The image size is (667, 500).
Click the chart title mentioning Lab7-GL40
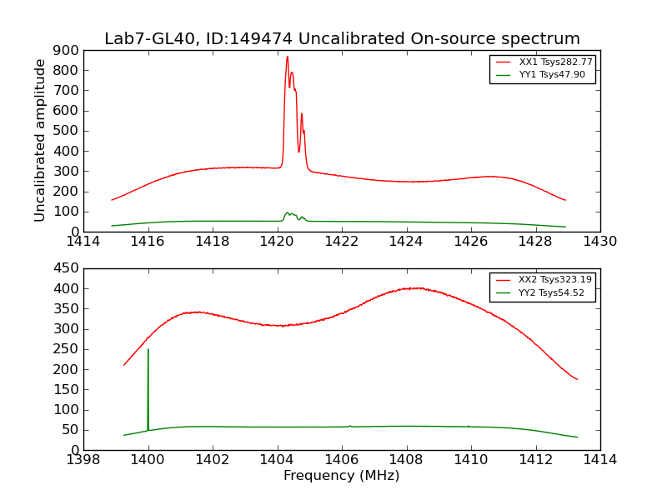tap(342, 39)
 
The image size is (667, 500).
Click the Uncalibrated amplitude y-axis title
tap(40, 140)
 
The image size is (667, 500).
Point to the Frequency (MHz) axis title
tap(341, 476)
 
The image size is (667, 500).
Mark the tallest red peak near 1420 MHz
tap(287, 57)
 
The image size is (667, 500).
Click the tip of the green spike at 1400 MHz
tap(148, 349)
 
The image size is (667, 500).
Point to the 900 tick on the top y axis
tap(67, 50)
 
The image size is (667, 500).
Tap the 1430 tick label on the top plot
tap(599, 242)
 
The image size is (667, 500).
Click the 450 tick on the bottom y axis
tap(67, 268)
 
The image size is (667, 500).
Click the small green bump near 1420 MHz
tap(288, 212)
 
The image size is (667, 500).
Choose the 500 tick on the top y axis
tap(67, 131)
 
